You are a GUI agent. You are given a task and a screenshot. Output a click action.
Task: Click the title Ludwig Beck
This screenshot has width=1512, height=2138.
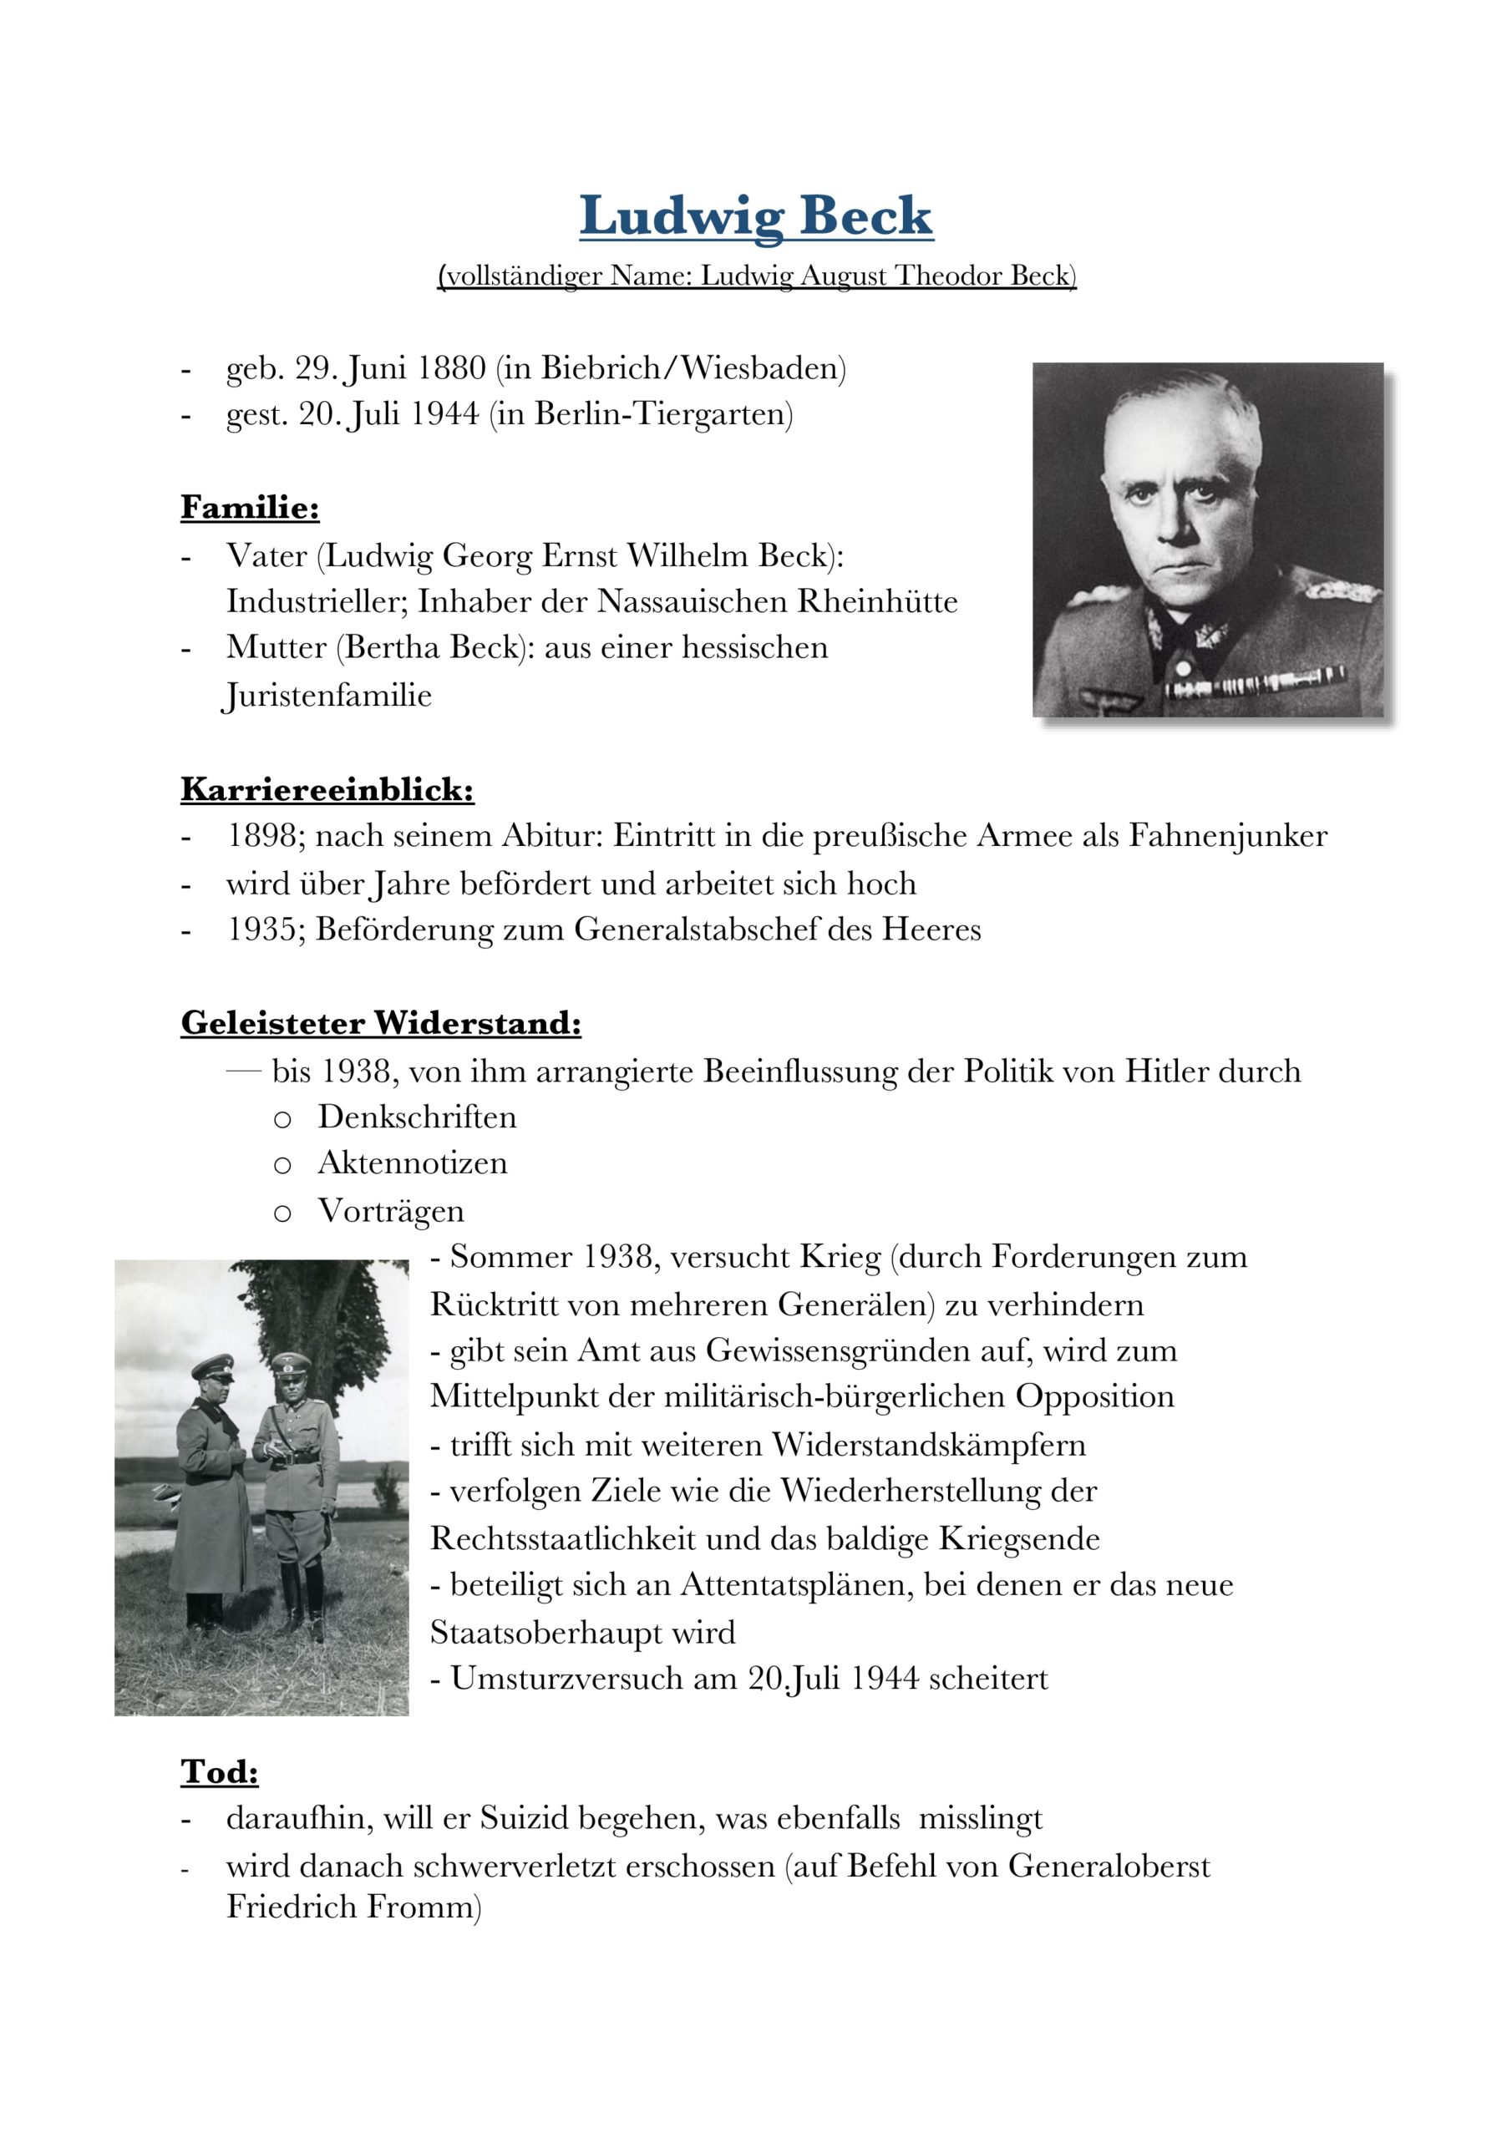pos(755,216)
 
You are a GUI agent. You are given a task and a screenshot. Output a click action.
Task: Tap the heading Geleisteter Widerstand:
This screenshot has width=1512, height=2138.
pos(381,1022)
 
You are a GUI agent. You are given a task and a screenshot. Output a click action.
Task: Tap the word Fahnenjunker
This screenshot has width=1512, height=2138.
pos(1228,836)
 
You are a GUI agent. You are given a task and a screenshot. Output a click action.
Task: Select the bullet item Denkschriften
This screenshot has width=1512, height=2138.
pos(417,1117)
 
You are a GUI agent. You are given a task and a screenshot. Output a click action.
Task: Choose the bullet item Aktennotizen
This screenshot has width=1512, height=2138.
pos(413,1163)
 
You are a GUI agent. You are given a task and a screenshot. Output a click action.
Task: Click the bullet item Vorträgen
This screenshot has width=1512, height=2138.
pos(390,1210)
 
